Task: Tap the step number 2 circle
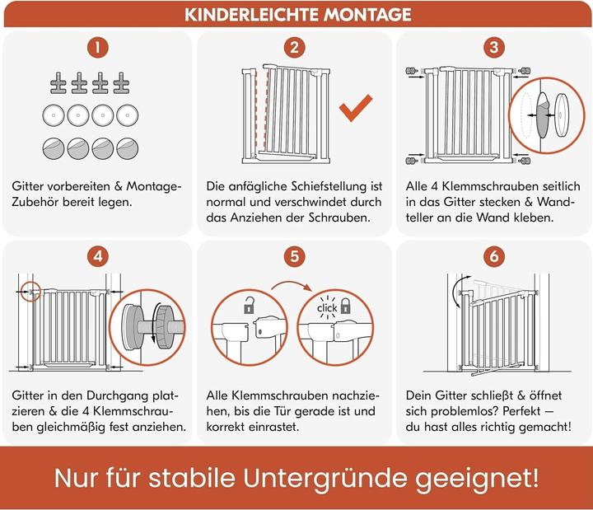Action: (296, 48)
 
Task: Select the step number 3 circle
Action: (494, 48)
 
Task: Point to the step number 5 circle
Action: (296, 256)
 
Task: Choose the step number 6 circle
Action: (494, 256)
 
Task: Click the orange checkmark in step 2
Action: (356, 109)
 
